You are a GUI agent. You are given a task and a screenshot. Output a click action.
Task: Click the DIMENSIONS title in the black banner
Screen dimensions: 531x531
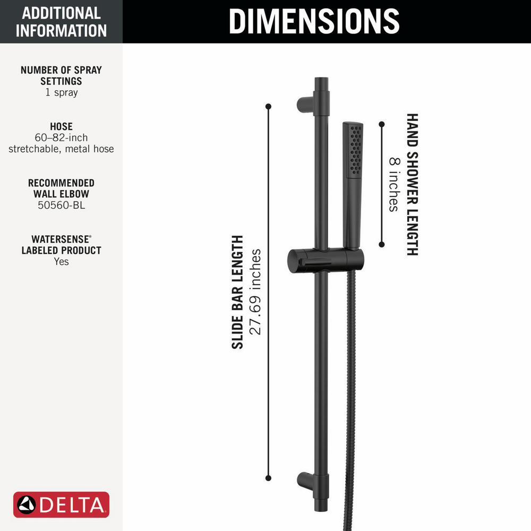(314, 21)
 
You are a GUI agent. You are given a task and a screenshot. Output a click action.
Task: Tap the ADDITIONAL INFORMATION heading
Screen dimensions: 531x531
(61, 21)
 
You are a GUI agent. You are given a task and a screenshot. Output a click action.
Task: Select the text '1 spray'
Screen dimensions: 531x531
(61, 92)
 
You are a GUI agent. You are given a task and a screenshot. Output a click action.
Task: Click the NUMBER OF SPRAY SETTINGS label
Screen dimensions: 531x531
(61, 75)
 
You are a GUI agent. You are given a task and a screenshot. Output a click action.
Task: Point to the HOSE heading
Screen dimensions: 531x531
(61, 126)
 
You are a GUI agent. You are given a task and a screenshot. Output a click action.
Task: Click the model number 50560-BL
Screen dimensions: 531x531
(61, 205)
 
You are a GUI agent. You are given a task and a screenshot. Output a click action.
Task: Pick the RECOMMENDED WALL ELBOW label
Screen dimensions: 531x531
(61, 188)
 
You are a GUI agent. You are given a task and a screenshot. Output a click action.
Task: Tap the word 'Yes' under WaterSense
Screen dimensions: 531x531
(61, 261)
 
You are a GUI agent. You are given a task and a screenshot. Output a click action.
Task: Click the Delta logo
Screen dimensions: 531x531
(61, 504)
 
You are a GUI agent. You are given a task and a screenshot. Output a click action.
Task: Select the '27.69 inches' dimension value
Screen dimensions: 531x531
(256, 292)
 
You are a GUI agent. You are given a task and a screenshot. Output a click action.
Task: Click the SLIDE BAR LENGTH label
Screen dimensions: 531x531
(237, 292)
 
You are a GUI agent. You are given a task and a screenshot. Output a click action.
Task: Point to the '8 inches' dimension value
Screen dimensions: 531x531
(393, 184)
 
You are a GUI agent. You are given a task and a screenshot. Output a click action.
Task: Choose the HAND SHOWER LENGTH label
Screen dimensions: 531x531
(412, 184)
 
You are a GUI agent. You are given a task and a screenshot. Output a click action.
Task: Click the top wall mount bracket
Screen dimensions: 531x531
(306, 104)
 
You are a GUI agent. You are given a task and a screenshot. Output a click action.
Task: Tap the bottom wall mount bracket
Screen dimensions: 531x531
(306, 480)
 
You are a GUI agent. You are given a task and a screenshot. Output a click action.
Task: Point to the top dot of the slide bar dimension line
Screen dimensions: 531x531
(268, 107)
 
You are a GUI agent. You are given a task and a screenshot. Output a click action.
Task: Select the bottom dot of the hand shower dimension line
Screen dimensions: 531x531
(381, 244)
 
